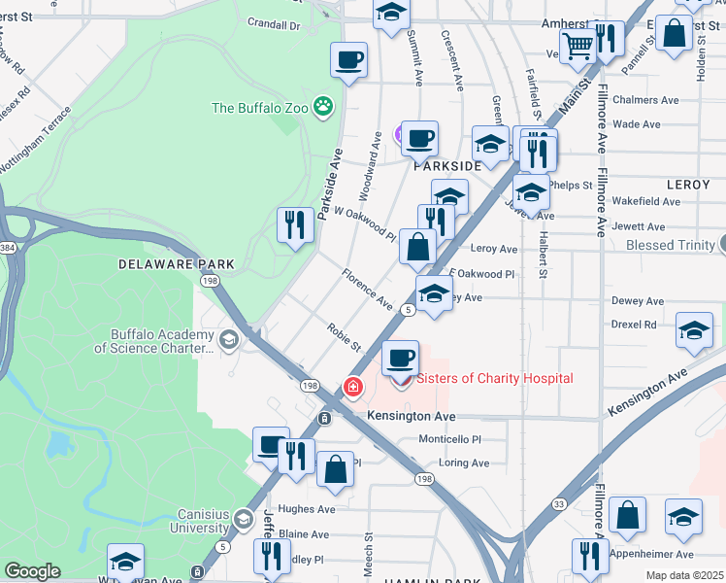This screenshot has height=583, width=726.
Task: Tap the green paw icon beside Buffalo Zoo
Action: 322,106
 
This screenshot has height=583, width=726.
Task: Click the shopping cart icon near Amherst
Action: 577,44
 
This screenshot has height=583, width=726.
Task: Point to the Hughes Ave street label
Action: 307,508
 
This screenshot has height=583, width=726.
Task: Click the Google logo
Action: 32,571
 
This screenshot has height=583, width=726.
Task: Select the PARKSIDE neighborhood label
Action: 447,166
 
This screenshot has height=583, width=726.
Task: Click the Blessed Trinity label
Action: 670,245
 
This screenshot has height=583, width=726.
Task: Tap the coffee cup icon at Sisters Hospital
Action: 400,359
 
